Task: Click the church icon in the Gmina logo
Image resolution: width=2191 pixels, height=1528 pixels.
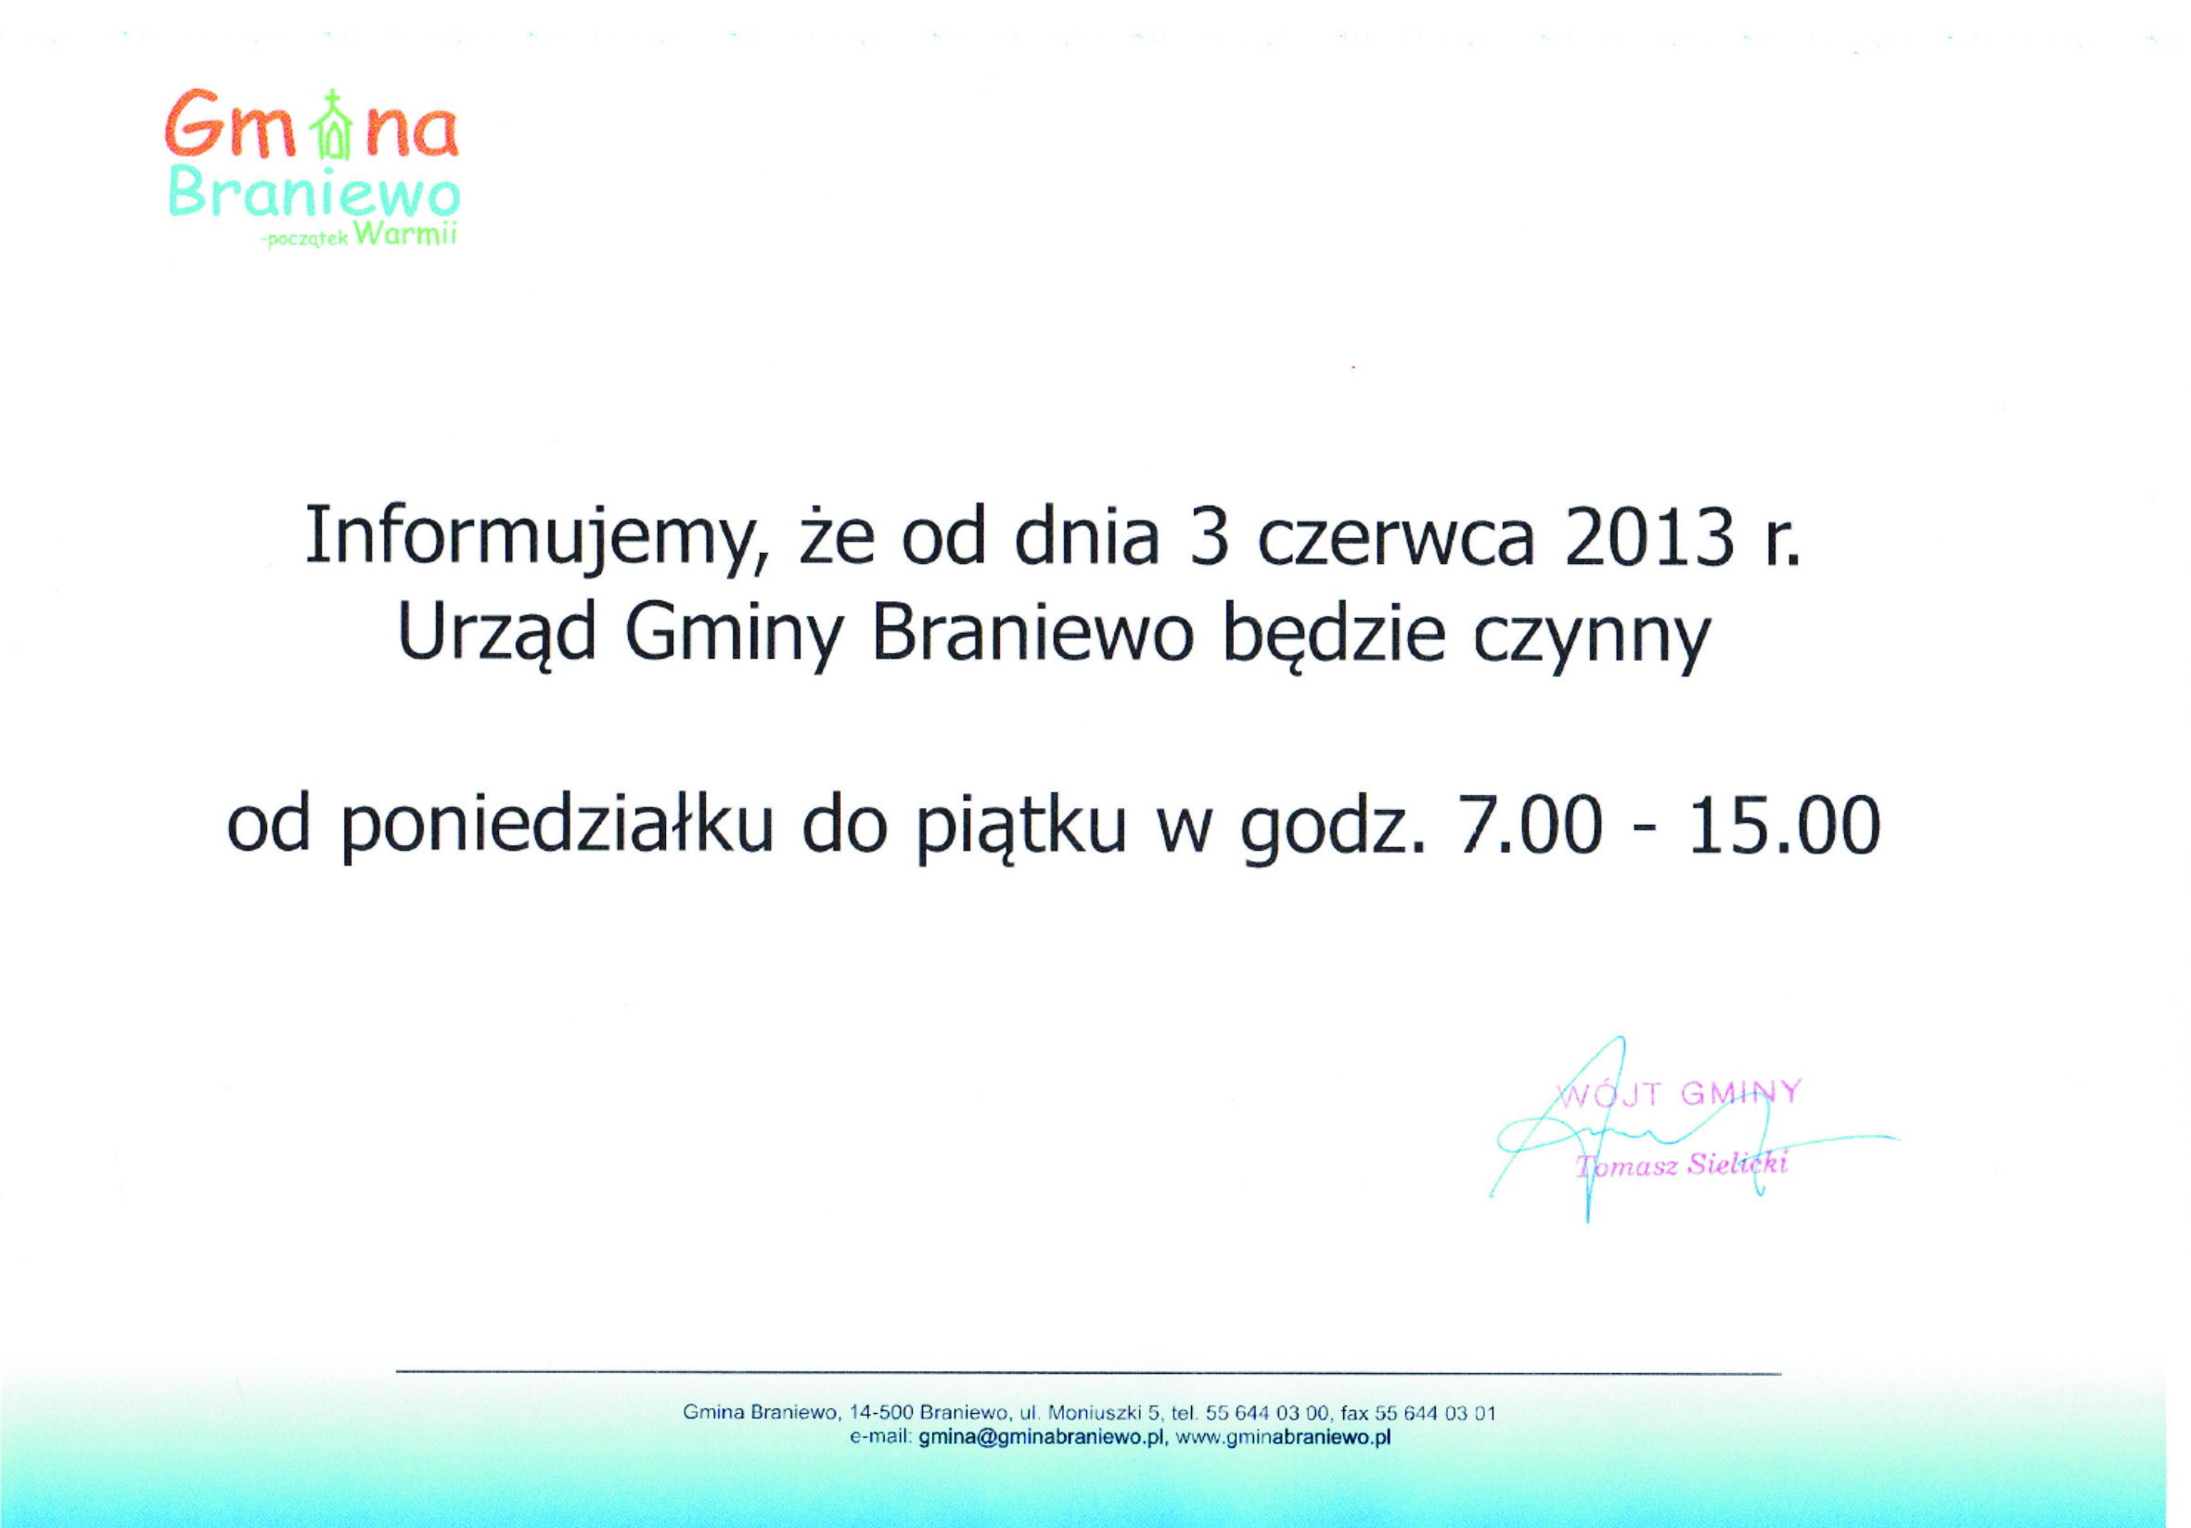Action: click(332, 124)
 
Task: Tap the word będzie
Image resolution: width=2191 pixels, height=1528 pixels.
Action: click(1334, 636)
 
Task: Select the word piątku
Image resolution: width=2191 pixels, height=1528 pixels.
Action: click(1021, 828)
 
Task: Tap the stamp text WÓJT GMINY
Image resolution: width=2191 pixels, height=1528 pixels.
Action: click(1681, 1093)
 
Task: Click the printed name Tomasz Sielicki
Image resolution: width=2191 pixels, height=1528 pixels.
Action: click(1682, 1165)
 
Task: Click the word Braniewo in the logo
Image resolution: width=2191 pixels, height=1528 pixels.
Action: click(314, 195)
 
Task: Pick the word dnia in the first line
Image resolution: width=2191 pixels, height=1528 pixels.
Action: click(1087, 537)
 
